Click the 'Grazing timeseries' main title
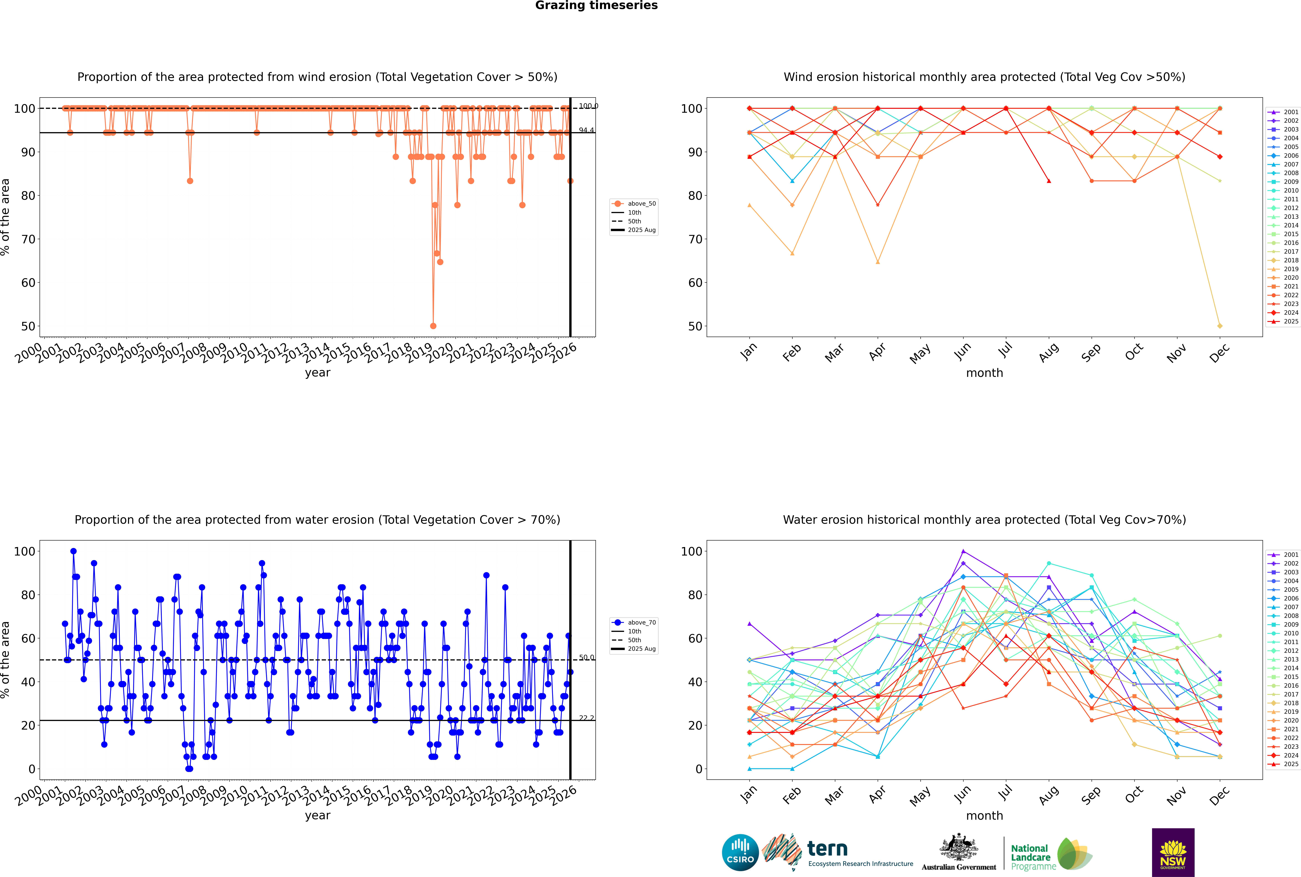click(x=596, y=6)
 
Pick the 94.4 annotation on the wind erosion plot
click(x=586, y=130)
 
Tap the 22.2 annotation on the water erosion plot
click(x=586, y=718)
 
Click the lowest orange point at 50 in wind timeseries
click(x=433, y=326)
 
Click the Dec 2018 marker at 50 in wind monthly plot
click(x=1220, y=326)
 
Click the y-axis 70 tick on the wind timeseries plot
click(x=28, y=239)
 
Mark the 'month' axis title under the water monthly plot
click(x=984, y=816)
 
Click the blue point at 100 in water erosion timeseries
click(x=73, y=551)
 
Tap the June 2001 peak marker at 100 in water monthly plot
click(x=963, y=551)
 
